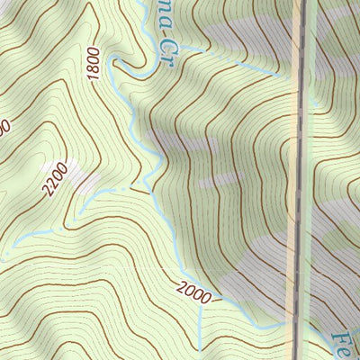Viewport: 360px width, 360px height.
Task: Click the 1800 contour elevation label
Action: click(94, 64)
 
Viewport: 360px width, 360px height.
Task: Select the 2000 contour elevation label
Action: click(195, 290)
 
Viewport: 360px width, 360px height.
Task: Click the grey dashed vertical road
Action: click(301, 180)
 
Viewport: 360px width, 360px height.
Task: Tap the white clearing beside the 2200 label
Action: click(81, 178)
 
